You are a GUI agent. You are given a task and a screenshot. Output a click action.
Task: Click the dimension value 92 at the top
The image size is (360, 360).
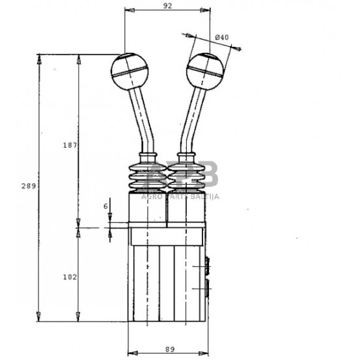click(167, 6)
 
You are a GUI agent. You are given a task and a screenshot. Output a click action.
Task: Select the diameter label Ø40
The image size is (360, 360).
click(222, 38)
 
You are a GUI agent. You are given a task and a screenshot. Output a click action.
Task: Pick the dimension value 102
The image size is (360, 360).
click(71, 277)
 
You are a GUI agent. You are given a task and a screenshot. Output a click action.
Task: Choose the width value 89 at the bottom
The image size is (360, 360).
click(169, 350)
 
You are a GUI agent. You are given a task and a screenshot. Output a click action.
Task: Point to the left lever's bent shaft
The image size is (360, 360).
click(139, 120)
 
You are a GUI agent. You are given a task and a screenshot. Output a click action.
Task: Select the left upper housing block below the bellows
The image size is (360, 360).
click(147, 210)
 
